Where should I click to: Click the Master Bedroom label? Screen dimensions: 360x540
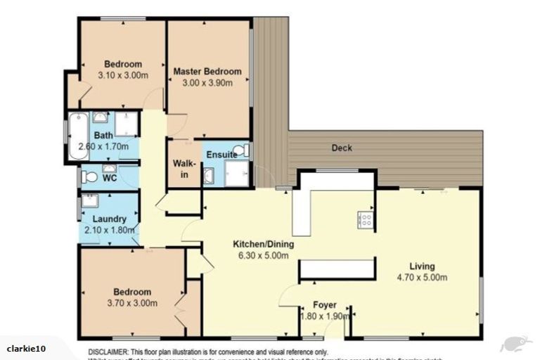(207, 71)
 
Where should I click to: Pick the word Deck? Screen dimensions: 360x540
(342, 148)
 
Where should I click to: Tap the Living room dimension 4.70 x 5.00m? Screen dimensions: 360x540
(423, 277)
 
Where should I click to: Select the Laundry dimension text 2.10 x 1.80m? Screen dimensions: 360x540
(104, 229)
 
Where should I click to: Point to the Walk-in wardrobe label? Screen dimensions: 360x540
(181, 169)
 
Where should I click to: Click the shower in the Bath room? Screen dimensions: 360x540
(126, 124)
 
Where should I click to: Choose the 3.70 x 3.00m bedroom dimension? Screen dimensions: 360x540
(132, 303)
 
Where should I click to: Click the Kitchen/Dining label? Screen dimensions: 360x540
(264, 245)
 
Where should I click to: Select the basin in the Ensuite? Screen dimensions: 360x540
(209, 175)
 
